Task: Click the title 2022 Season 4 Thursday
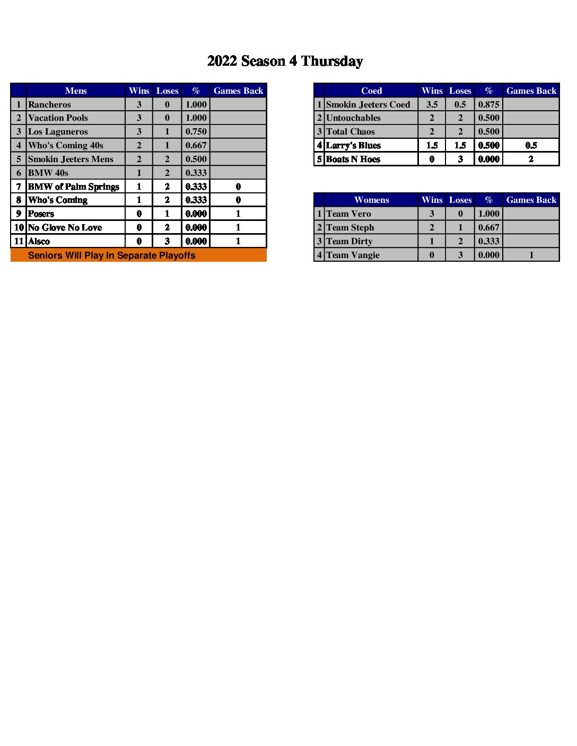(x=285, y=61)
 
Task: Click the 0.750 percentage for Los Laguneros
(x=196, y=131)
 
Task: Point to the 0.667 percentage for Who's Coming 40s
(x=196, y=145)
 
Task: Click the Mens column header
(x=76, y=91)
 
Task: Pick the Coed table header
(x=371, y=91)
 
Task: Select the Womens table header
(x=371, y=200)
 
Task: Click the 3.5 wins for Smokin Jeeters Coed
(x=432, y=104)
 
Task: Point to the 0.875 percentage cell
(x=488, y=104)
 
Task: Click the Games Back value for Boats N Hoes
(x=531, y=159)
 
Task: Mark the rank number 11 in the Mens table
(x=19, y=241)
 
